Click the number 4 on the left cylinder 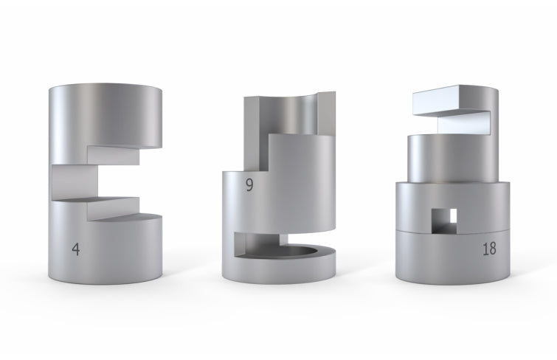pos(76,249)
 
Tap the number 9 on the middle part pos(249,185)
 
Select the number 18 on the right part pos(489,249)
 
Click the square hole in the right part pos(444,221)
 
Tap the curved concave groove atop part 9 pos(288,116)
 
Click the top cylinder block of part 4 pos(105,117)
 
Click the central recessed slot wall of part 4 pos(75,182)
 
